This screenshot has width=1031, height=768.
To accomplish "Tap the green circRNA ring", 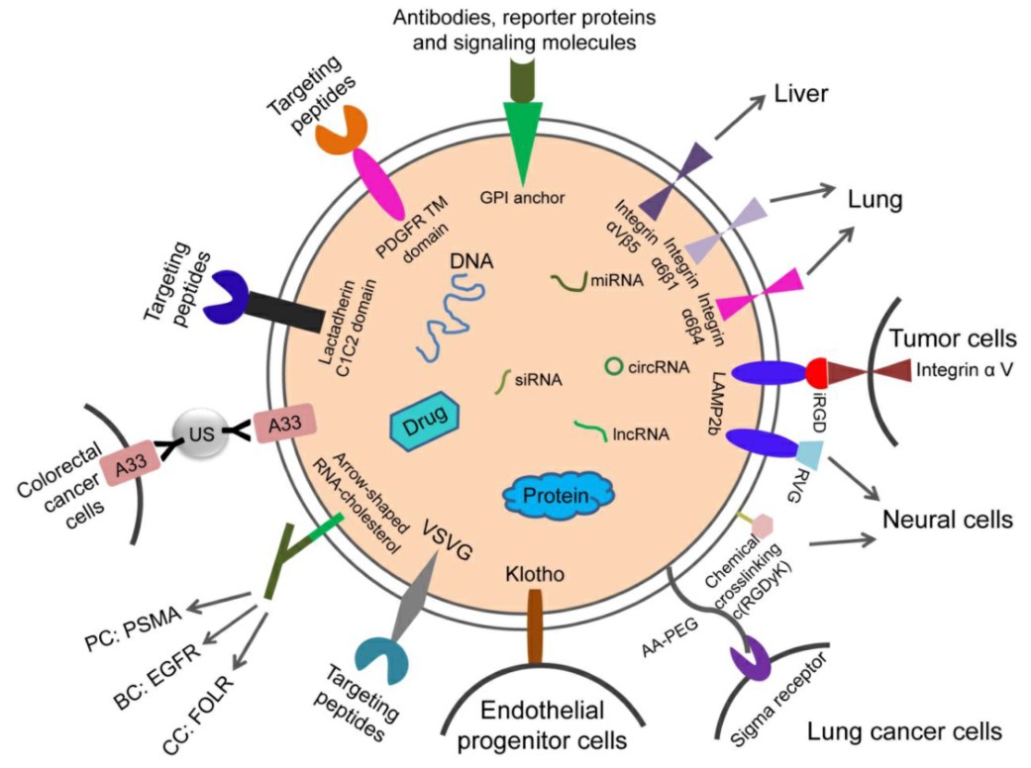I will [613, 367].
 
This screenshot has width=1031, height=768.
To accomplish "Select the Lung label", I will [874, 201].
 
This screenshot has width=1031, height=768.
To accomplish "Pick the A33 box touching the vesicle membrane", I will [280, 424].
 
